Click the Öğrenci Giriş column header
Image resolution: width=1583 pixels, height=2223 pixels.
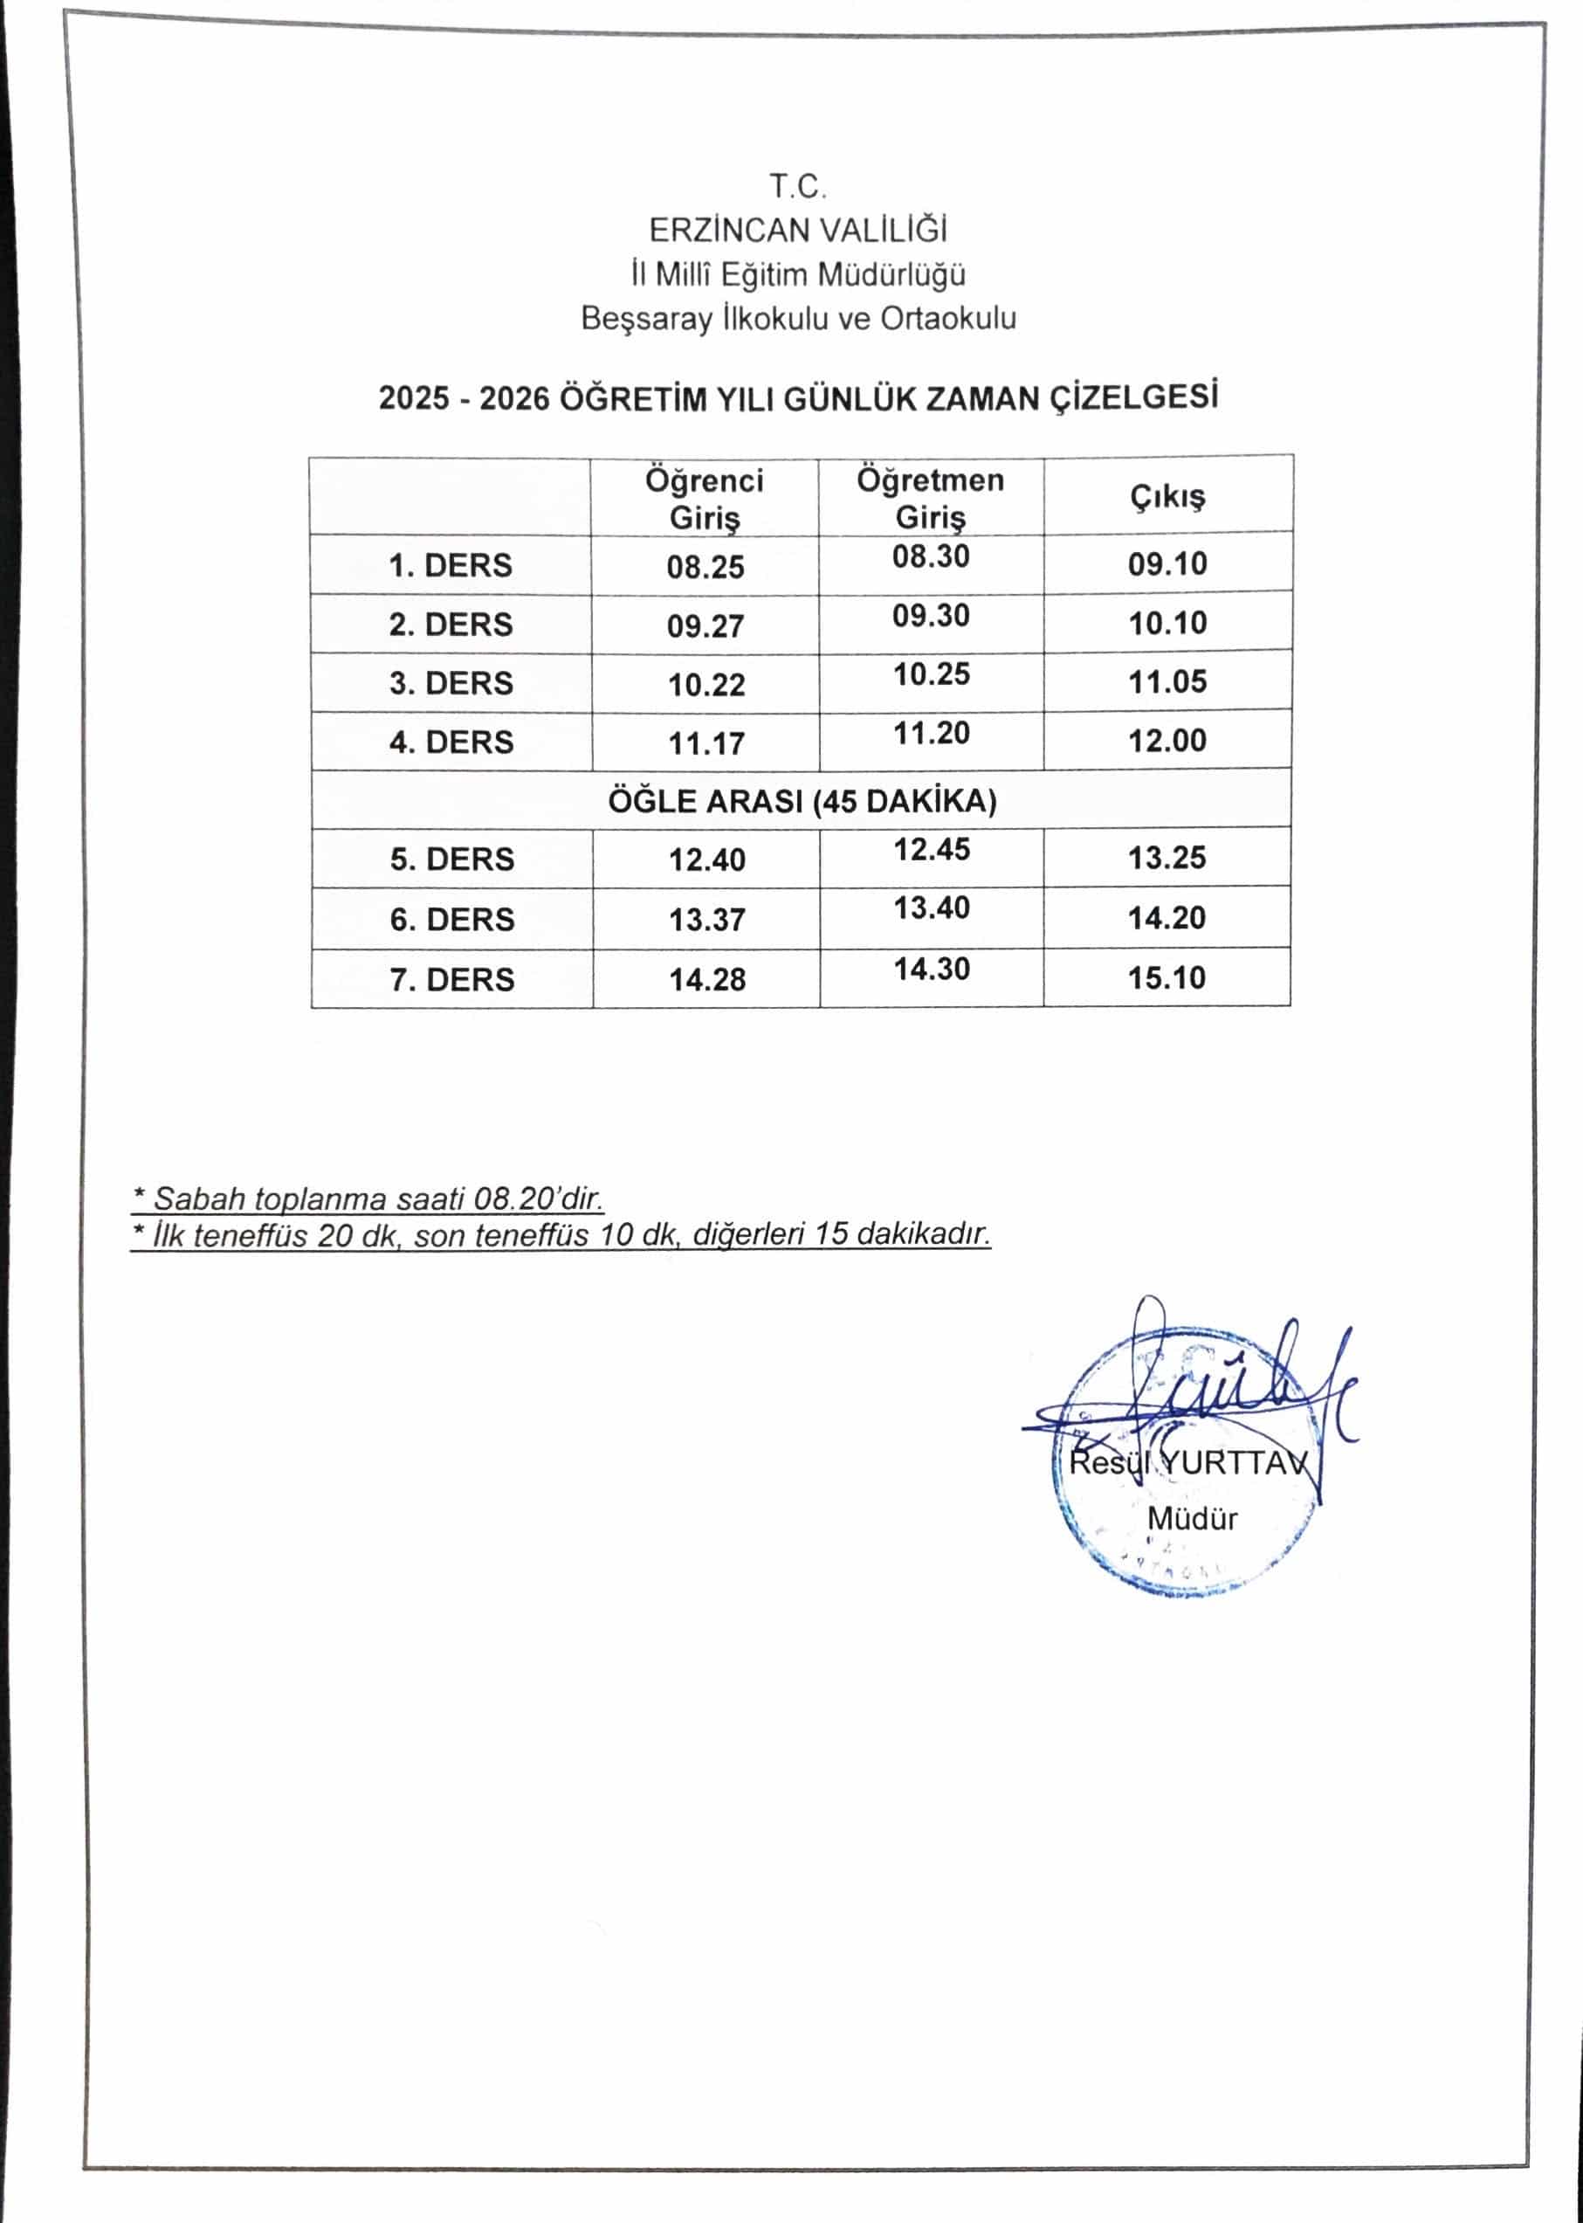pyautogui.click(x=704, y=498)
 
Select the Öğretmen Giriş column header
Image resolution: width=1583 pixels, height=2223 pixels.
pyautogui.click(x=930, y=497)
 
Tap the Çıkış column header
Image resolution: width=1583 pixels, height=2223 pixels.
pyautogui.click(x=1167, y=496)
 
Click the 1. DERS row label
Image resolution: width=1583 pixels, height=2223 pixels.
pyautogui.click(x=451, y=565)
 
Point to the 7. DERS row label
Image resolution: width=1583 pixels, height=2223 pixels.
pyautogui.click(x=452, y=979)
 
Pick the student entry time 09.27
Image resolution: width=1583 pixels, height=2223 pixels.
pyautogui.click(x=705, y=626)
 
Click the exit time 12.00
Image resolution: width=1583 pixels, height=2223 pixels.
pyautogui.click(x=1167, y=741)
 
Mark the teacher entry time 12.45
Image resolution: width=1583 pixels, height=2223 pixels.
pyautogui.click(x=932, y=849)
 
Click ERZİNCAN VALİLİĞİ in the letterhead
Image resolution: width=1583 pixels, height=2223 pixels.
pyautogui.click(x=798, y=230)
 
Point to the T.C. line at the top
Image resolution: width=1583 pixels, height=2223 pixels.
pyautogui.click(x=798, y=185)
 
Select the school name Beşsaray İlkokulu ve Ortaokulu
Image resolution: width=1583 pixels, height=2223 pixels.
pyautogui.click(x=798, y=319)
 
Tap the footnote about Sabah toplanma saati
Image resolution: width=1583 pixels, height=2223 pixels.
pyautogui.click(x=368, y=1198)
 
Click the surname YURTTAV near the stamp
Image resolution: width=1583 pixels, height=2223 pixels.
pyautogui.click(x=1241, y=1462)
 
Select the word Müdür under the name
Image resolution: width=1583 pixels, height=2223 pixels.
pyautogui.click(x=1192, y=1518)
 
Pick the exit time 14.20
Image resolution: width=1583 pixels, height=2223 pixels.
pyautogui.click(x=1167, y=917)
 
